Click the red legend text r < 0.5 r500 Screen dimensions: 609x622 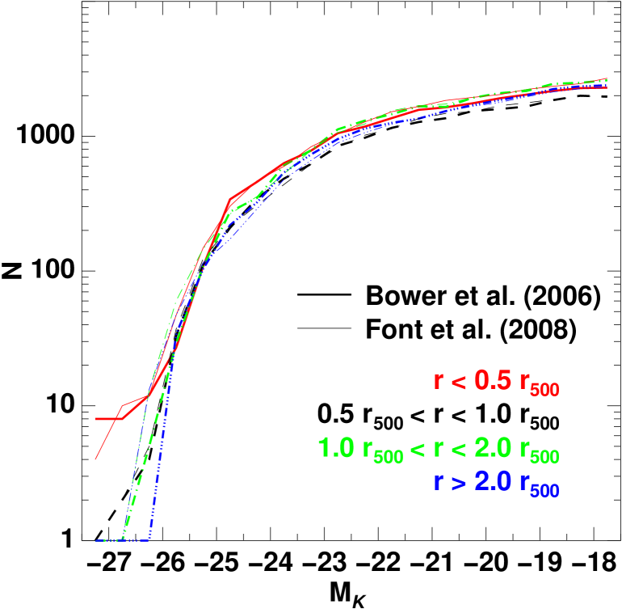pyautogui.click(x=496, y=383)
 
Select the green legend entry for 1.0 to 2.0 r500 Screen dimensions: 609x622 pyautogui.click(x=437, y=450)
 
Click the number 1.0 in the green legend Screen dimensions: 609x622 pyautogui.click(x=334, y=448)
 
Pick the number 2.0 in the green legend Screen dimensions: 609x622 pyautogui.click(x=494, y=448)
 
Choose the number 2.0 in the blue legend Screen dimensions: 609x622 pyautogui.click(x=494, y=481)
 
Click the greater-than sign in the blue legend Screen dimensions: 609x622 pyautogui.click(x=459, y=482)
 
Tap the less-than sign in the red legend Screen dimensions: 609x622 pyautogui.click(x=459, y=382)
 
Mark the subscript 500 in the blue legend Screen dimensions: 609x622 pyautogui.click(x=545, y=491)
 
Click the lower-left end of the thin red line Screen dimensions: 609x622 pyautogui.click(x=95, y=459)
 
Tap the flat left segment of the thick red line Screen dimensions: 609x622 pyautogui.click(x=107, y=419)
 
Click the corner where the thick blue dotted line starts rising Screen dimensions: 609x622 pyautogui.click(x=149, y=539)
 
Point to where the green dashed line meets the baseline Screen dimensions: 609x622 pyautogui.click(x=122, y=539)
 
